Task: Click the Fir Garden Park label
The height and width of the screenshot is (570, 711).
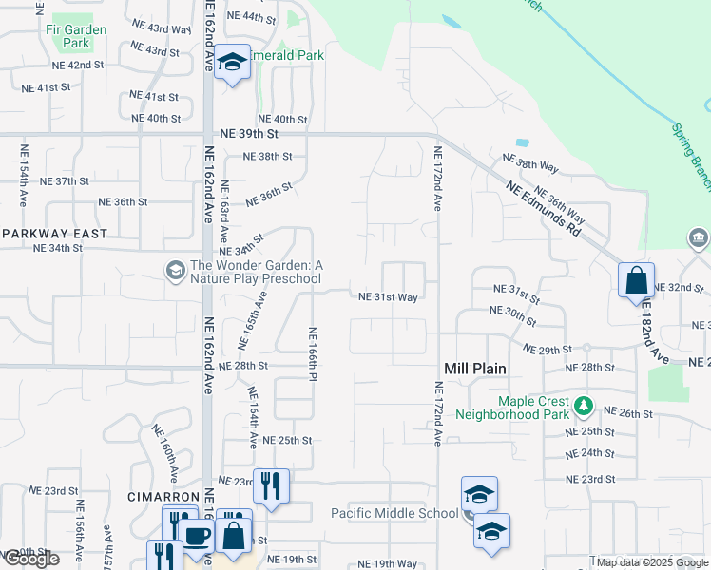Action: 76,36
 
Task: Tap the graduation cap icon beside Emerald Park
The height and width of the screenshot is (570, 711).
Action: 232,63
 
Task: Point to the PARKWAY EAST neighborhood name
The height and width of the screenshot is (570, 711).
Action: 54,233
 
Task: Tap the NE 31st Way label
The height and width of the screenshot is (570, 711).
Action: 388,297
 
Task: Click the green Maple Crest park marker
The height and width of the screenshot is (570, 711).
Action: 584,408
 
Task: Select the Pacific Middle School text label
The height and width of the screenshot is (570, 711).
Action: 394,513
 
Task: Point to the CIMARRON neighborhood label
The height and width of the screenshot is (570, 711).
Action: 162,497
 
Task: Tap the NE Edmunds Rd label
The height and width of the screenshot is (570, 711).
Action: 542,208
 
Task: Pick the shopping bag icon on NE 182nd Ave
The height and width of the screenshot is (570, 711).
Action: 636,280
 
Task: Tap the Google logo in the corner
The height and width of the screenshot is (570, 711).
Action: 30,559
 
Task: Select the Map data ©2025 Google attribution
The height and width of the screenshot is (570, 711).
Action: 650,562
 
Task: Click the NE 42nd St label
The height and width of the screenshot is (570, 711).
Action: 78,65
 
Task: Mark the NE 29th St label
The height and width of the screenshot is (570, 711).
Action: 546,351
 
